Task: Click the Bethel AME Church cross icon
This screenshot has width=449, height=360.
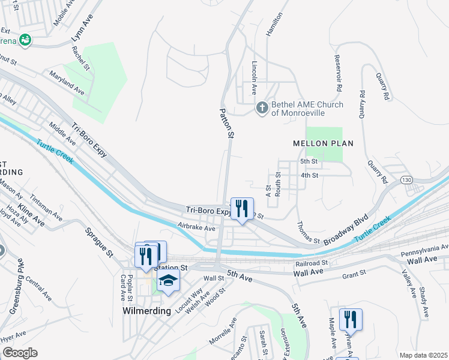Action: click(x=262, y=109)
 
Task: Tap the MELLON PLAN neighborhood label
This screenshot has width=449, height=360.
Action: click(x=322, y=143)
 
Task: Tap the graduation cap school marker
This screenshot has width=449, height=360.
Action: click(x=168, y=280)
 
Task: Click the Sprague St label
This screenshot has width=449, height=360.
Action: click(x=99, y=242)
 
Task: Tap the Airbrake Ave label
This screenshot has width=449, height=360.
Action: click(x=196, y=228)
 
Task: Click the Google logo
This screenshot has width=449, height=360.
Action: click(x=19, y=352)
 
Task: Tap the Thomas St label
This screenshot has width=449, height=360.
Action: click(x=308, y=232)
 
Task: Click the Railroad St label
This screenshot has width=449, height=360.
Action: click(x=312, y=263)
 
